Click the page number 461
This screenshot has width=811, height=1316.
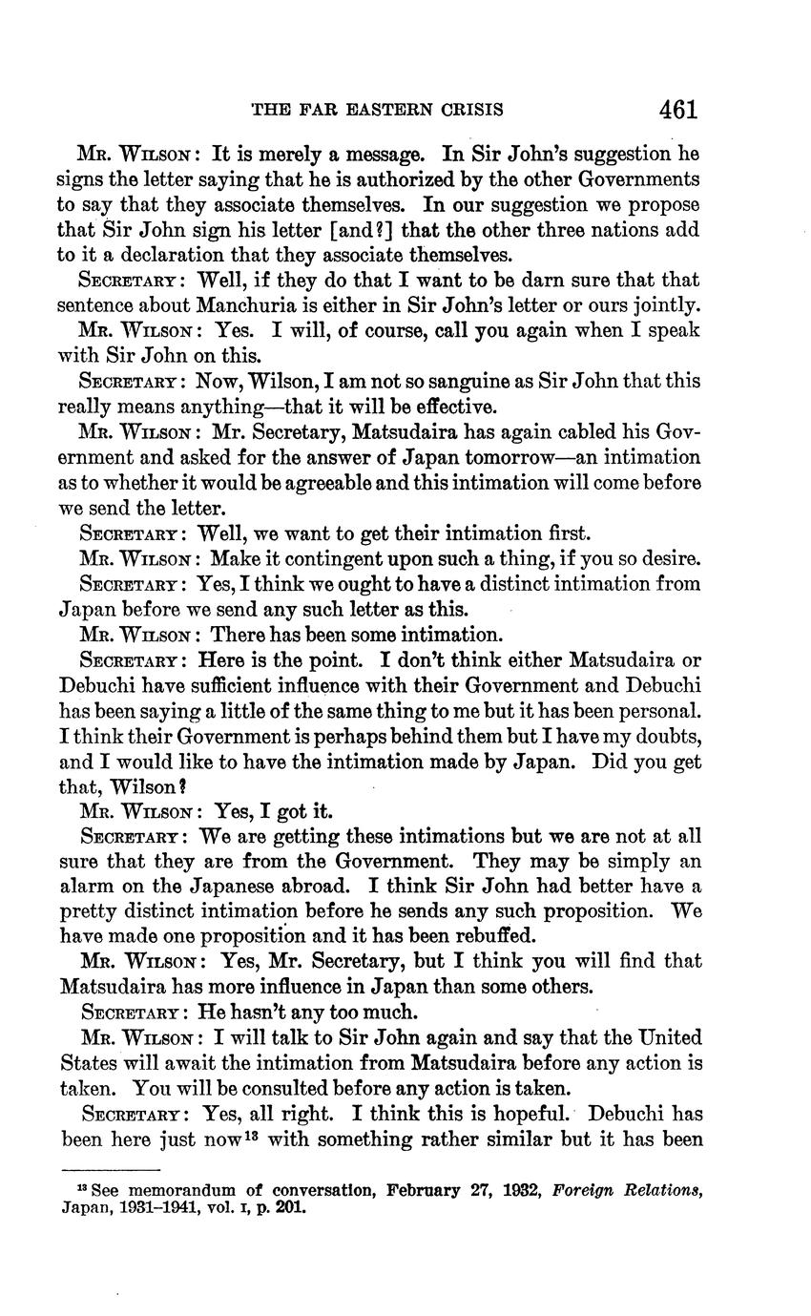pyautogui.click(x=678, y=109)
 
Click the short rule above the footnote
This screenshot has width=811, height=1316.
pyautogui.click(x=110, y=1169)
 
